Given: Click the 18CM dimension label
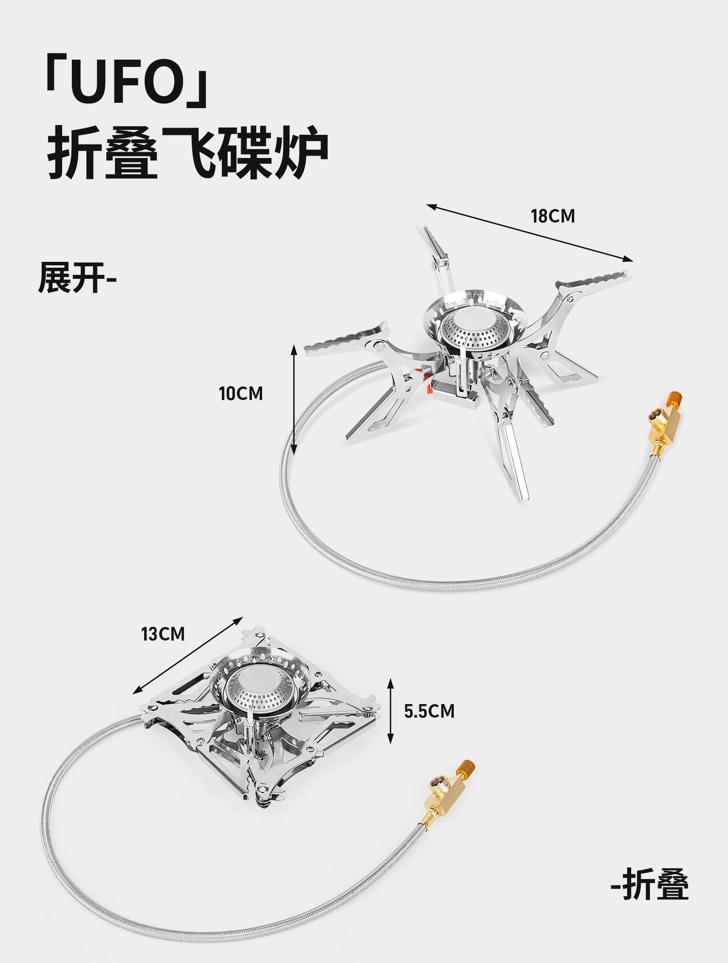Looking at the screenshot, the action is pos(553,216).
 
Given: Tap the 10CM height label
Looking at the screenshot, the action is pos(240,394).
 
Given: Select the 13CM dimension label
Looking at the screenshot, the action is pos(163,634).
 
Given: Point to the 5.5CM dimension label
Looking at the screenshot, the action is pos(429,711).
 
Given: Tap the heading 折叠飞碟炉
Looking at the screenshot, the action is pos(188,152).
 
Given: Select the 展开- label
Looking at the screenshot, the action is pos(77,278).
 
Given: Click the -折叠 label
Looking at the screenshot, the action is pos(650,885).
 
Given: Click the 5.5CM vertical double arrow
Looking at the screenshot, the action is pos(391,711).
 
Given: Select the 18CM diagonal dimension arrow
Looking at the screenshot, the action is pos(530,233).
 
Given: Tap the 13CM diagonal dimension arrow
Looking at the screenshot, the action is pos(188,656).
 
